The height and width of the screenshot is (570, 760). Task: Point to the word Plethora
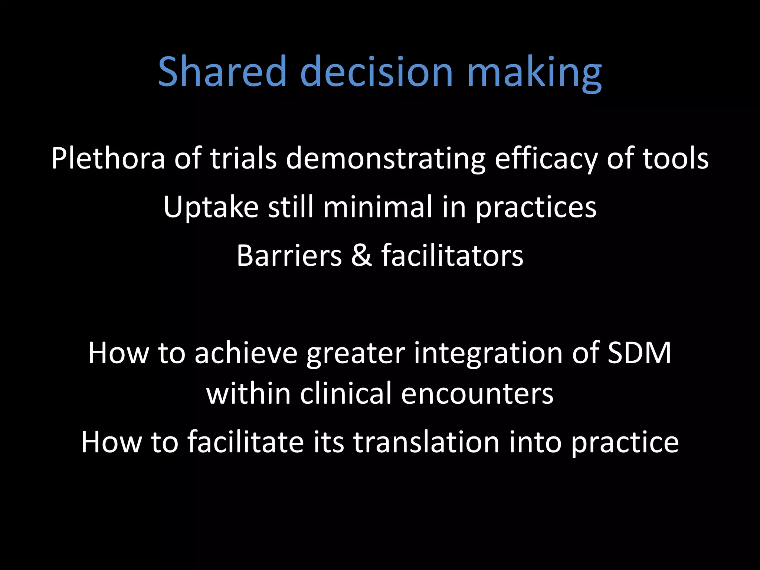click(x=108, y=158)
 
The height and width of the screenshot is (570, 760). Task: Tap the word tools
click(x=675, y=158)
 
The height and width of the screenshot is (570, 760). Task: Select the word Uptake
click(x=211, y=207)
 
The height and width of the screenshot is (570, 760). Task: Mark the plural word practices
click(x=536, y=208)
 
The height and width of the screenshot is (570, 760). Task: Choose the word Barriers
click(x=289, y=256)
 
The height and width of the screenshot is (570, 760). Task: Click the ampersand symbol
click(x=361, y=256)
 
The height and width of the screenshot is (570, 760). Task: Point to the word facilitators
click(x=452, y=256)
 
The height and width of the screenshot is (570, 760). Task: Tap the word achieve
click(x=246, y=353)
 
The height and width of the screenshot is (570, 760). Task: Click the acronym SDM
click(x=639, y=353)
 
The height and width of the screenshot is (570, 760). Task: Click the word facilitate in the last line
click(x=245, y=442)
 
